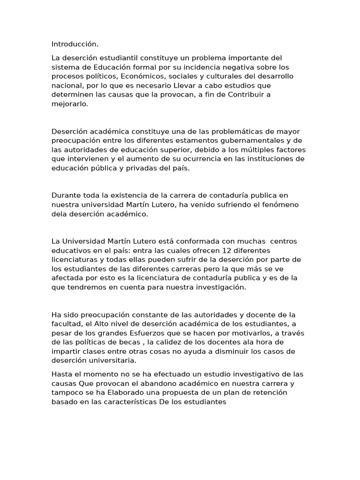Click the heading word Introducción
click(x=75, y=44)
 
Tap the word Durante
click(x=66, y=195)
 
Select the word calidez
click(x=165, y=342)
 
